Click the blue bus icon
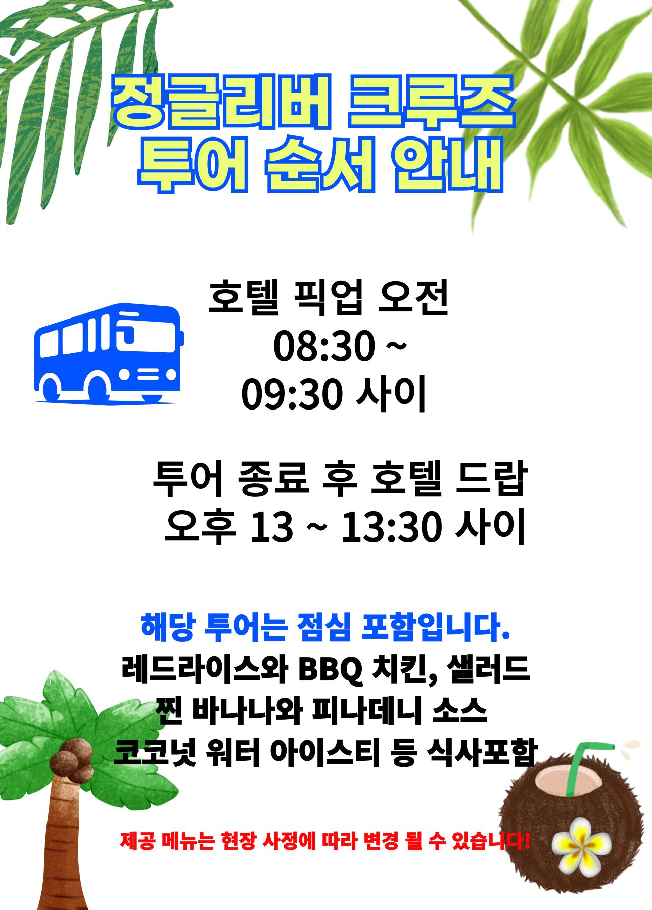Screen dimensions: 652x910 coord(109,354)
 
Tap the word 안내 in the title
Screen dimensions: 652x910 coord(448,164)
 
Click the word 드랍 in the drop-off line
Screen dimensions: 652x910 coord(491,478)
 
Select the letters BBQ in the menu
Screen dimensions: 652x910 coord(331,669)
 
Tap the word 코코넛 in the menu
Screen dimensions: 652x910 coord(155,753)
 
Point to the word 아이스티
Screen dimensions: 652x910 coord(324,752)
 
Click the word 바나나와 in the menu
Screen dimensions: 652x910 coord(247,711)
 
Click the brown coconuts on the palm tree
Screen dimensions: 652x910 coord(74,758)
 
